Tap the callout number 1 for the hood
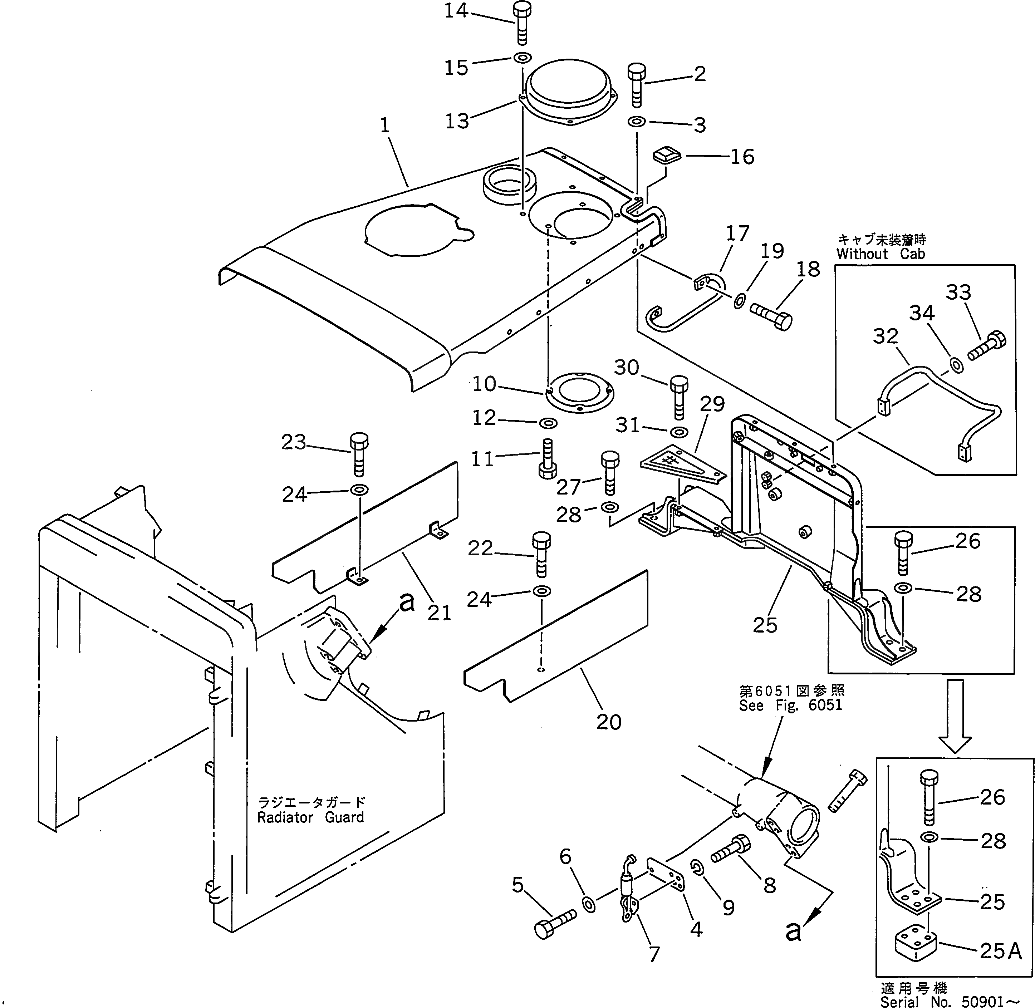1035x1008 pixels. point(385,126)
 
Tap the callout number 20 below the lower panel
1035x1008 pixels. point(608,722)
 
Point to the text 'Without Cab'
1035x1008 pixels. point(881,254)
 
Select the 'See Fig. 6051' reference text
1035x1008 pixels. point(790,705)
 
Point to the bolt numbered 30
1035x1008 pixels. point(679,395)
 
